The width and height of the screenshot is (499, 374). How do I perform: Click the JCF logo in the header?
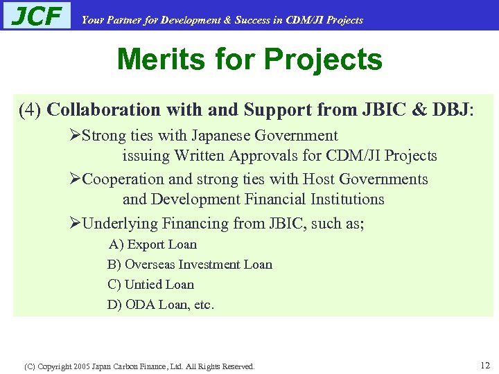click(x=37, y=15)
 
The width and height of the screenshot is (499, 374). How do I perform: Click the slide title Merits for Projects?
click(x=249, y=60)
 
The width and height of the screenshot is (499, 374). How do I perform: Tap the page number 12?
click(x=484, y=364)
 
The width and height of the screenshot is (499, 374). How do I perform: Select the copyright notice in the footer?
click(x=139, y=366)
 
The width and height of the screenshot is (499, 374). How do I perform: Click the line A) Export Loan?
click(x=152, y=244)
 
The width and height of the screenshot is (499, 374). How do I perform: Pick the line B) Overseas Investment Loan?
click(x=190, y=265)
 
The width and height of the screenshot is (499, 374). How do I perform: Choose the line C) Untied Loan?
click(x=150, y=285)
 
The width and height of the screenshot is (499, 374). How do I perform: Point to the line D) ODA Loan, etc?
click(x=161, y=305)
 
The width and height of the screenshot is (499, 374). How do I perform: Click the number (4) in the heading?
click(x=30, y=110)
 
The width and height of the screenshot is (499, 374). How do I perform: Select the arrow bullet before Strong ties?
click(x=76, y=136)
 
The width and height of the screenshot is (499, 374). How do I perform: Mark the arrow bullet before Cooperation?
click(x=76, y=179)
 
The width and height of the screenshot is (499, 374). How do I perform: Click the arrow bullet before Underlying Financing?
click(x=76, y=224)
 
